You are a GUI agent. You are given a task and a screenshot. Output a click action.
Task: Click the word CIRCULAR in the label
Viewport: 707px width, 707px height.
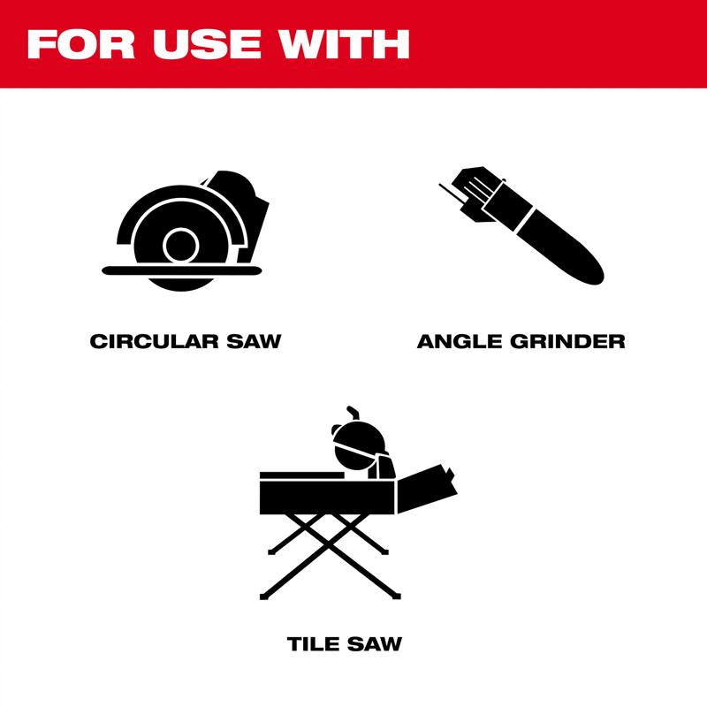(156, 340)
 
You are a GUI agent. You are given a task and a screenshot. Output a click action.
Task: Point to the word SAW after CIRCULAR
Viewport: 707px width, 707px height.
(254, 340)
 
